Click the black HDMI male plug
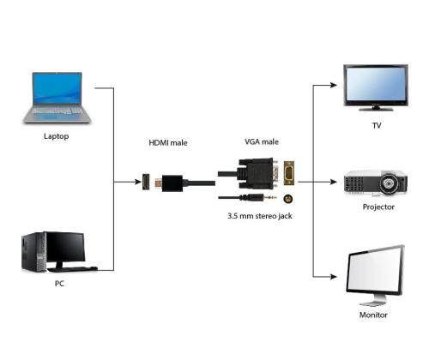(172, 182)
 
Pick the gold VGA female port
(290, 174)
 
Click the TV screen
(375, 84)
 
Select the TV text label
(376, 126)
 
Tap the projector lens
(390, 183)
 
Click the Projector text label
(377, 207)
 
